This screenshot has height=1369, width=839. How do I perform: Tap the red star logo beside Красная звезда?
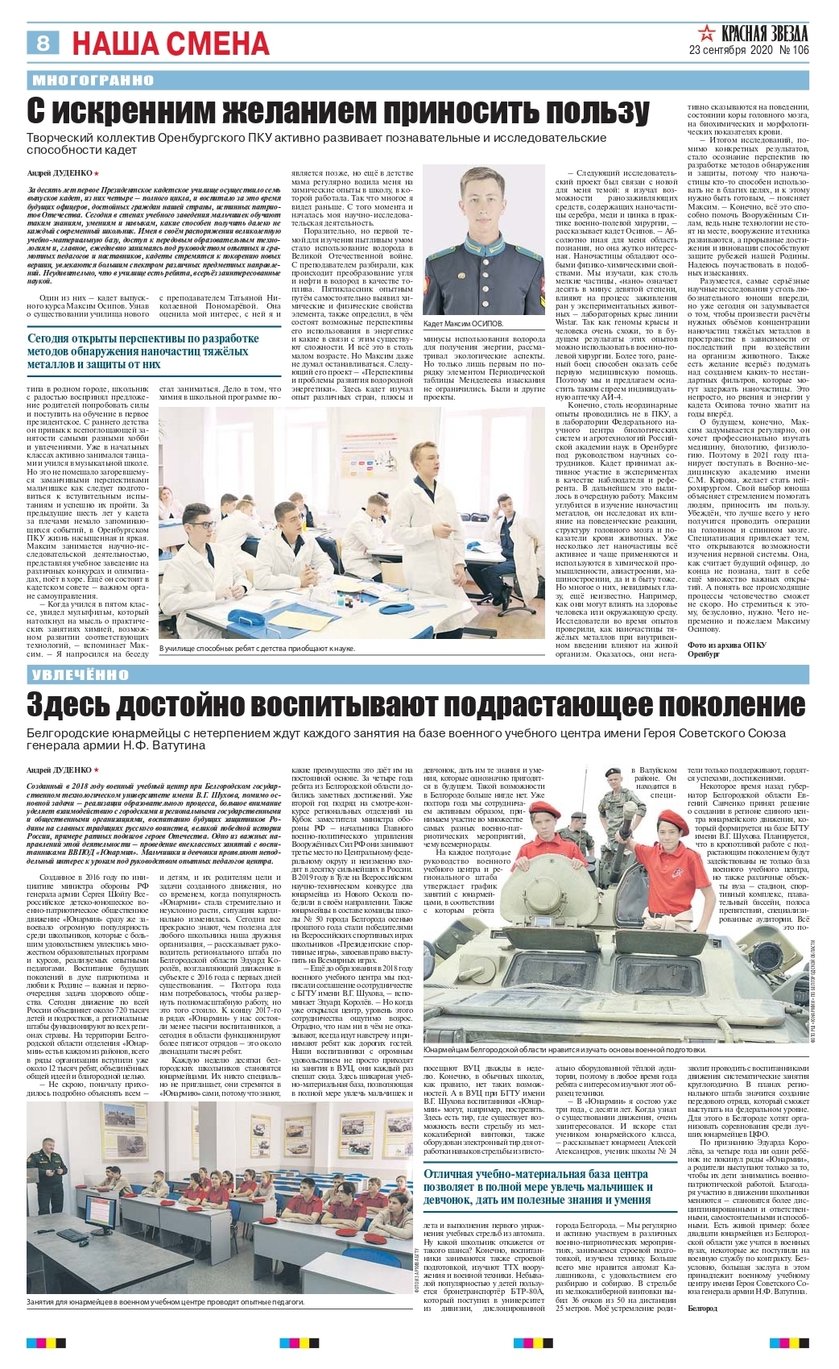[x=706, y=34]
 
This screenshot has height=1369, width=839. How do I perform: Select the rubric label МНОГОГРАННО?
[x=93, y=80]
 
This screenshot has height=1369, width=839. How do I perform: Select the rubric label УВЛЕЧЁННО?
[x=81, y=674]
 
